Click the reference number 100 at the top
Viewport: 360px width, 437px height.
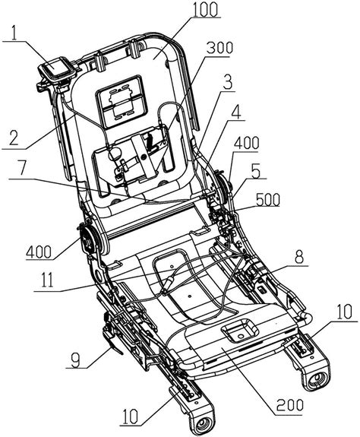point(205,10)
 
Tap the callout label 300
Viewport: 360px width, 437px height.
point(219,48)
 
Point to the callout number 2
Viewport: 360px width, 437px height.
point(14,138)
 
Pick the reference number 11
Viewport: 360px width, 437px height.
point(47,280)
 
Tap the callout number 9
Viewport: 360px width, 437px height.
point(76,360)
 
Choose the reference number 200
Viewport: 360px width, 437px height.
point(289,405)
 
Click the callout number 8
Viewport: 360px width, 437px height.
point(299,257)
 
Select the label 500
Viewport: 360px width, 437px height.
point(268,200)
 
